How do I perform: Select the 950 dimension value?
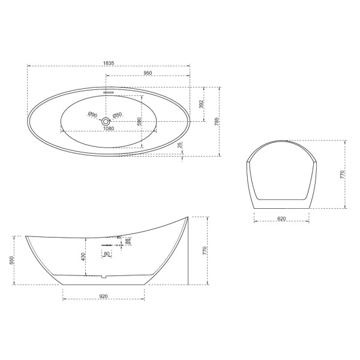pos(148,73)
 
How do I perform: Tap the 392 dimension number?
pos(202,104)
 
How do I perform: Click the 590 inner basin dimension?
pos(139,121)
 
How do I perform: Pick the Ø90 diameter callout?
pos(92,114)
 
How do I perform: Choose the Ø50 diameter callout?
pos(118,115)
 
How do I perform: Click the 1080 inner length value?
pos(109,128)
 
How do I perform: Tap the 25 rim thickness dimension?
pos(181,145)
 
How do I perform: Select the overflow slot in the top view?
pos(109,92)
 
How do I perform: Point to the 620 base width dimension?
pos(282,218)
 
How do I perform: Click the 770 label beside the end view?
pos(342,175)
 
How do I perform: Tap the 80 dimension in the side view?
pos(107,254)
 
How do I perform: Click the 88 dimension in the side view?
pos(127,241)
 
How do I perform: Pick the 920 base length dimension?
pos(103,296)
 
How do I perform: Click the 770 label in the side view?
pos(205,250)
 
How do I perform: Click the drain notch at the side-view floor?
pos(103,277)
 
